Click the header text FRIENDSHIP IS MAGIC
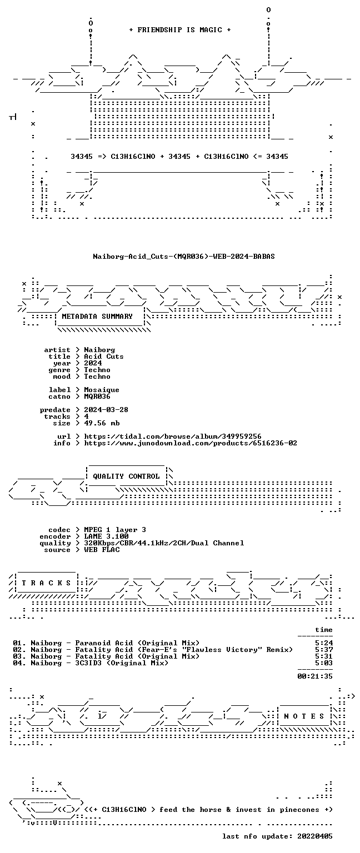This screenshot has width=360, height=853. [180, 29]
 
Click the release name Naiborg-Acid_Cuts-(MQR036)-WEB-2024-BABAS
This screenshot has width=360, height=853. [184, 256]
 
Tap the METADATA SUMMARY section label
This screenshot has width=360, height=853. [97, 317]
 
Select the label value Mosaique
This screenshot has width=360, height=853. [101, 390]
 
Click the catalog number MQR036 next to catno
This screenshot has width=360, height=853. [97, 397]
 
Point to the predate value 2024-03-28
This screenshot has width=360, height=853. [106, 410]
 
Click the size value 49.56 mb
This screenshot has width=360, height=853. [102, 423]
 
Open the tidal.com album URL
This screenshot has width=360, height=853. [173, 436]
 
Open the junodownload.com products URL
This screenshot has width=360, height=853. [191, 443]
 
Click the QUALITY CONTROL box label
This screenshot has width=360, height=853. [126, 476]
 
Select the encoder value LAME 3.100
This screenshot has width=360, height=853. [106, 536]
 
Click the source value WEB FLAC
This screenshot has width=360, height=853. [102, 550]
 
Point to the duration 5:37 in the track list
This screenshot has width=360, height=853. [324, 650]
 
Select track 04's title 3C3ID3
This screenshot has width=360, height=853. [88, 663]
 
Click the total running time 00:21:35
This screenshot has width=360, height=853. [315, 676]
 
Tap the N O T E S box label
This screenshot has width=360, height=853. [304, 716]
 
